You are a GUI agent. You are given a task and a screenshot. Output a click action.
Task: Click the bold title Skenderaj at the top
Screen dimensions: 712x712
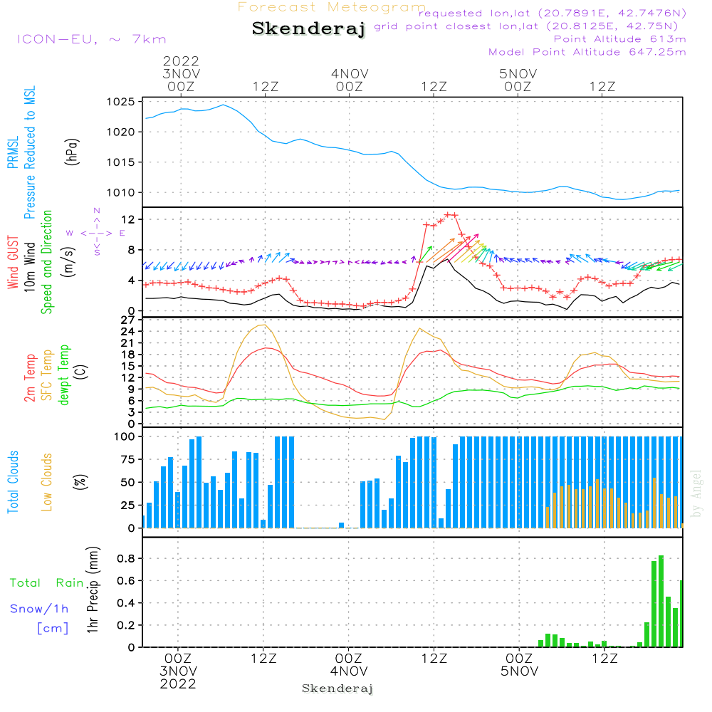point(308,29)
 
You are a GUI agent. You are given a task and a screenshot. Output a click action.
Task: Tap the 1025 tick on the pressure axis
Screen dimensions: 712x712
point(121,102)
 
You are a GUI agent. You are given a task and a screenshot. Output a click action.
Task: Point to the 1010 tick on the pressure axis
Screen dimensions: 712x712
point(121,192)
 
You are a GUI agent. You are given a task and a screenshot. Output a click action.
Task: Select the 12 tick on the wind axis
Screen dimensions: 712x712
point(129,220)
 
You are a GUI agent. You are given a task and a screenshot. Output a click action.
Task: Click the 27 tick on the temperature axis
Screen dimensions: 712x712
point(127,320)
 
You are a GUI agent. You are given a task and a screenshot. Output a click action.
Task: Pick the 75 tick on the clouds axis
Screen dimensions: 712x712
point(127,459)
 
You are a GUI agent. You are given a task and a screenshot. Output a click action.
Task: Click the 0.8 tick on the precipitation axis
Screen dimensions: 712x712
point(126,558)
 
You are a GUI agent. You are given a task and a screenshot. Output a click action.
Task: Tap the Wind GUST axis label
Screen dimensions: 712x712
point(13,263)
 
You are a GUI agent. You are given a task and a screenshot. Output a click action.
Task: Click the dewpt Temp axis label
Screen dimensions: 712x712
point(63,375)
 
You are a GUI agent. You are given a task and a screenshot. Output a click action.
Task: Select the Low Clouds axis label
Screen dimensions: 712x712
point(47,482)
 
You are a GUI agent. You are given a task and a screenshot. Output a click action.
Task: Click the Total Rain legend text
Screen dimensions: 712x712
point(47,583)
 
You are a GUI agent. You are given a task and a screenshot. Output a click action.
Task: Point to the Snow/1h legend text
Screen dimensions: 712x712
point(39,609)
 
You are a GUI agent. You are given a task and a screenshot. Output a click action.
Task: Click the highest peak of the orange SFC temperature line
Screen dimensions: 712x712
point(263,325)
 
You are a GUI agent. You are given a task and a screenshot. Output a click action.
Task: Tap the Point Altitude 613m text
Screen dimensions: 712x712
point(620,39)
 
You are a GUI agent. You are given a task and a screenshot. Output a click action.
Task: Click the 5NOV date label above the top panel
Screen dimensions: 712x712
point(518,74)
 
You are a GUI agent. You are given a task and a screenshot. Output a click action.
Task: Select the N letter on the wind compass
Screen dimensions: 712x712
point(97,211)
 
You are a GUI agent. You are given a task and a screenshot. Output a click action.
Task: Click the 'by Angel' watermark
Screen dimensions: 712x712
point(696,493)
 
